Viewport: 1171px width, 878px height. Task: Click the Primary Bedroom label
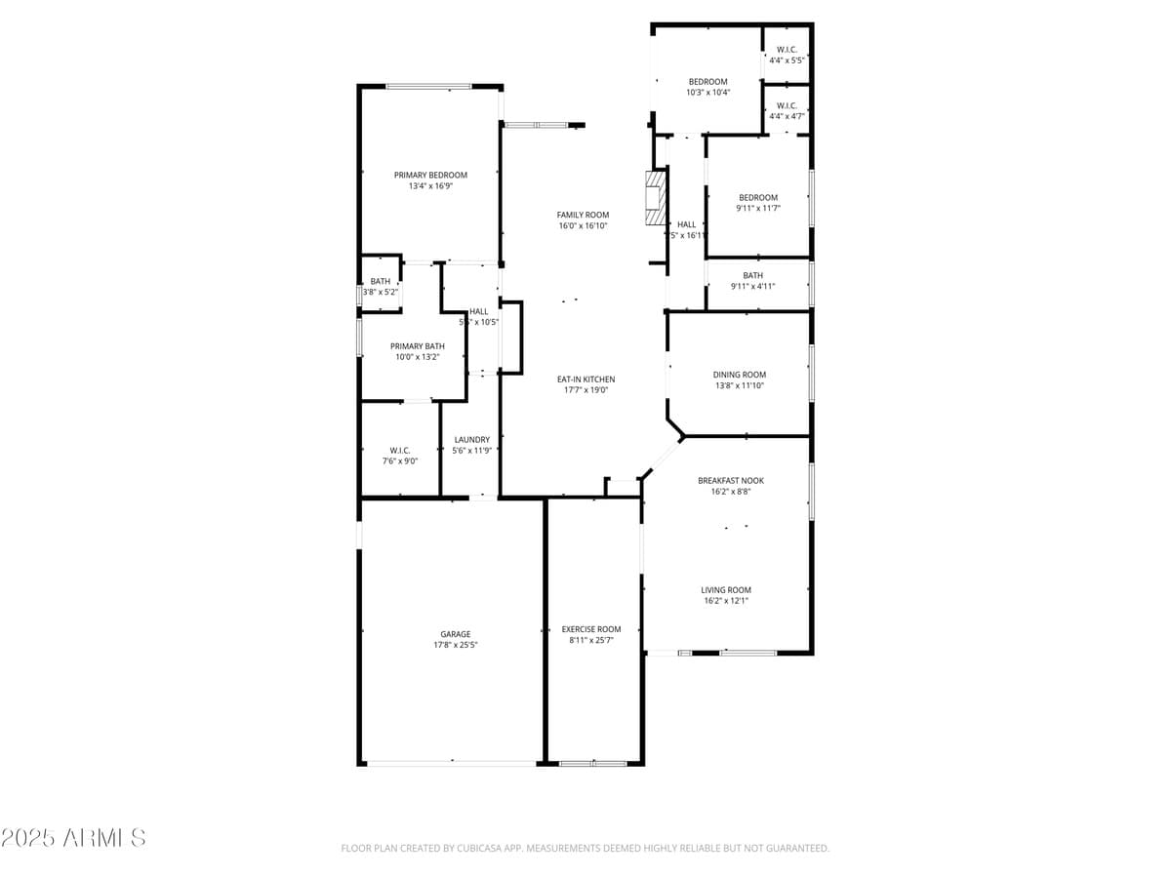[430, 176]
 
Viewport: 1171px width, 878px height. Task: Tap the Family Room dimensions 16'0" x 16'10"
[583, 226]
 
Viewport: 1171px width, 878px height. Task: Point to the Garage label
[455, 634]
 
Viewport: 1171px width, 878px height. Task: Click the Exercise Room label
[590, 629]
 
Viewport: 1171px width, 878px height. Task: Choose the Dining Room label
[740, 375]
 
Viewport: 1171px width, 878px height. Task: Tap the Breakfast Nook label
[730, 480]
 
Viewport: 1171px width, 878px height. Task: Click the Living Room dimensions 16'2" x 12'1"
[726, 601]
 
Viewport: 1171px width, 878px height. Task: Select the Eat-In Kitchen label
[585, 379]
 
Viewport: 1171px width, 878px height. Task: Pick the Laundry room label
[471, 440]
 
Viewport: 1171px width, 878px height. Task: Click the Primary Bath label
[418, 346]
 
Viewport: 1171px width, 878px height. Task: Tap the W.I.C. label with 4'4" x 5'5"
[787, 49]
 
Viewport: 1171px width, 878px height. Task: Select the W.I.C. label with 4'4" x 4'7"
[787, 105]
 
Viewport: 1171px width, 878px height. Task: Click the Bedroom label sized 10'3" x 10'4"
[707, 82]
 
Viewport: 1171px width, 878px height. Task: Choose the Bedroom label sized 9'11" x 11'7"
[757, 198]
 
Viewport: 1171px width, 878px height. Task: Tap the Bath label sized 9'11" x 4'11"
[752, 276]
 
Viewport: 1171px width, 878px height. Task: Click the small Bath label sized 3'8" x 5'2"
[380, 282]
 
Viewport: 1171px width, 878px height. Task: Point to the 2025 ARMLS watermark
[73, 838]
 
